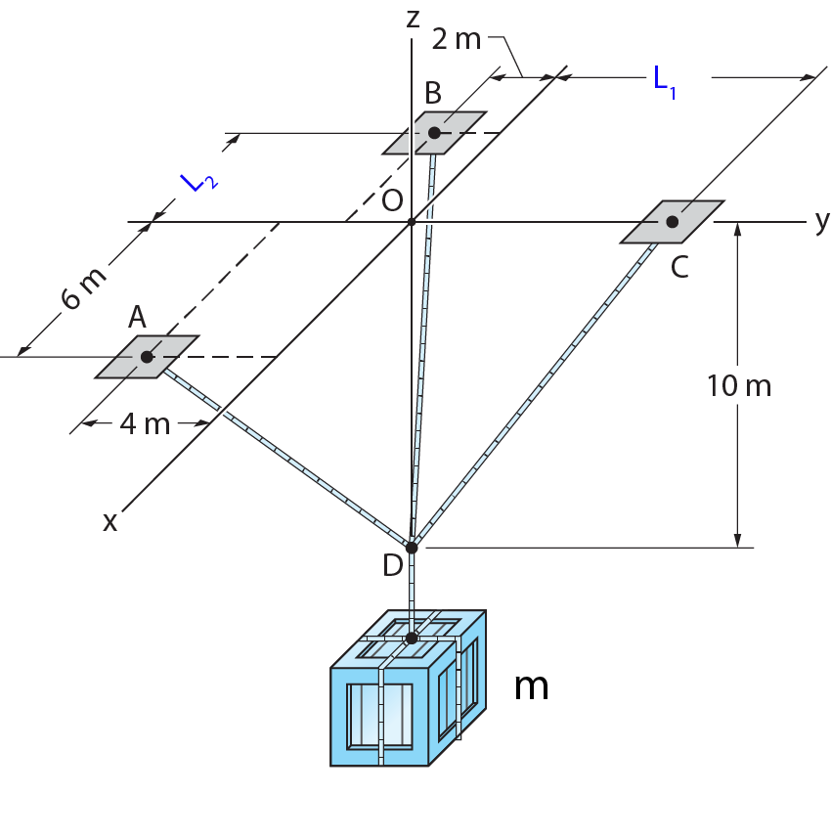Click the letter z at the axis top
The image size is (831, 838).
(414, 18)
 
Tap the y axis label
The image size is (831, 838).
(821, 222)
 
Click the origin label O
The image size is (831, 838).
(392, 199)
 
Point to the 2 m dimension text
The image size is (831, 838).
(456, 40)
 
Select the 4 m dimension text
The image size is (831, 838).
(145, 424)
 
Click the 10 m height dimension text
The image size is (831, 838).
(739, 386)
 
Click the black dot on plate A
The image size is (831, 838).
(147, 357)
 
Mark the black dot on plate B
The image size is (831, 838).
(434, 132)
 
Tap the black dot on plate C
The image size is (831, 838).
(673, 222)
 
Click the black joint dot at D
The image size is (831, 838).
(412, 548)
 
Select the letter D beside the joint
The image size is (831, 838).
(392, 566)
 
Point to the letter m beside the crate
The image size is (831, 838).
(531, 686)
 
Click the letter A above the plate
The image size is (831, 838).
(137, 316)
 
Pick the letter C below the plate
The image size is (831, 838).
(679, 266)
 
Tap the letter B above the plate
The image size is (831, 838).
(433, 93)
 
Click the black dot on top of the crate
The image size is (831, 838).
(412, 638)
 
